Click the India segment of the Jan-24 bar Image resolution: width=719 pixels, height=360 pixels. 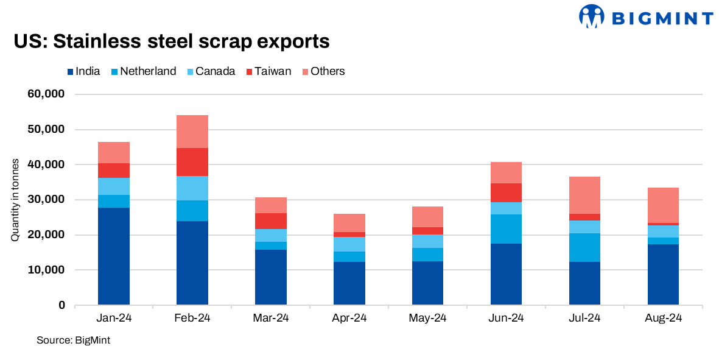point(113,256)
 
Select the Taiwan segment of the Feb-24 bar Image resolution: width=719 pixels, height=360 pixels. point(192,162)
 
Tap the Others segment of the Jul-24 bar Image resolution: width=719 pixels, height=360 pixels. point(584,195)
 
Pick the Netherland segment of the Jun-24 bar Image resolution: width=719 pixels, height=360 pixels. point(506,229)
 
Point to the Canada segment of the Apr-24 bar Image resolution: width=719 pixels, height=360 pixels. point(349,244)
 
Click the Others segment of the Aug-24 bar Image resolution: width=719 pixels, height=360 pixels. point(663,205)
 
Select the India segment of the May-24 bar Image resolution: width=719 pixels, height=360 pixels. point(427,283)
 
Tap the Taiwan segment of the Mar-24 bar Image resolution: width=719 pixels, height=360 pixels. point(270,221)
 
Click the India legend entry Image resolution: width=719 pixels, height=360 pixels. point(83,71)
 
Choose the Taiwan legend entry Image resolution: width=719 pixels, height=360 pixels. point(270,71)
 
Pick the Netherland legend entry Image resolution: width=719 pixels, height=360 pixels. point(143,71)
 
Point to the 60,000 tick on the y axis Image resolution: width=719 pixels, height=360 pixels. point(46,94)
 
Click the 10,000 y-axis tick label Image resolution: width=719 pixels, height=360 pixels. point(46,270)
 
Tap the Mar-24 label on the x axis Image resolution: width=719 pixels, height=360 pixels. point(270,318)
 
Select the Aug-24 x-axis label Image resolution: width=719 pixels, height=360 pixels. point(663,318)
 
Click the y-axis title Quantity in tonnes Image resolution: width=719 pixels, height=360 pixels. point(15,200)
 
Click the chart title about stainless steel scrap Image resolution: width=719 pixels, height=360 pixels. point(171,41)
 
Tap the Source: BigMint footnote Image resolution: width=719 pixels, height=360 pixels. point(73,340)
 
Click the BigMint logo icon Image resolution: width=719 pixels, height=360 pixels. point(591,16)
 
